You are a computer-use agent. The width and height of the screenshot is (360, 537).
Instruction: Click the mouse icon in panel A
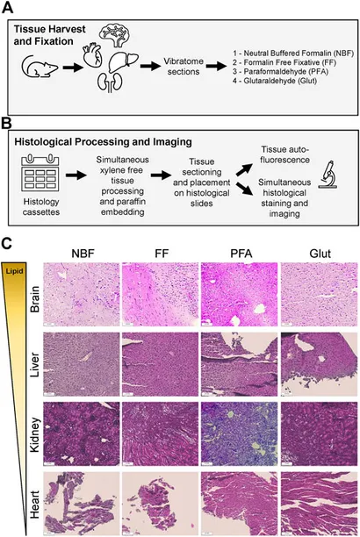click(x=40, y=67)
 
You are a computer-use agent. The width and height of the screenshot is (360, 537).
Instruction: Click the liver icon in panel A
click(x=124, y=62)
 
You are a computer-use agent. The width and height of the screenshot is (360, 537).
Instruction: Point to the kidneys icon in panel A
click(x=110, y=83)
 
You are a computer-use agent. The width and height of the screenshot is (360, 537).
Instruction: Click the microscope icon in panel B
click(x=328, y=175)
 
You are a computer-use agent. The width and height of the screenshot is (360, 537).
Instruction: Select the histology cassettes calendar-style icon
click(x=40, y=173)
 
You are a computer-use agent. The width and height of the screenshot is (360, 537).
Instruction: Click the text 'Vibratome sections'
click(x=184, y=67)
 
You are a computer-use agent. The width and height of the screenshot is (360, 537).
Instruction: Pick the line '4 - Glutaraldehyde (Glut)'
click(x=275, y=82)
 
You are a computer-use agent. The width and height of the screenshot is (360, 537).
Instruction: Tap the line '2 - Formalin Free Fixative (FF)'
click(x=284, y=62)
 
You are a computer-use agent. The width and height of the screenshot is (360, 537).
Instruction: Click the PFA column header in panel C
click(x=241, y=254)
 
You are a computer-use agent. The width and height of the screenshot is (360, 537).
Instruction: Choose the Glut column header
click(x=320, y=254)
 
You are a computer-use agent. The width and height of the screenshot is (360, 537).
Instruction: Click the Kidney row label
click(x=34, y=434)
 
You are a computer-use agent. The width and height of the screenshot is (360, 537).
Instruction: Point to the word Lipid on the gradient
click(x=14, y=271)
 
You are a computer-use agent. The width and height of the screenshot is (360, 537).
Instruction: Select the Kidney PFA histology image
click(x=240, y=434)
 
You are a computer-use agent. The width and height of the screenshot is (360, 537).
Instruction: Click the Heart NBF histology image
click(x=82, y=504)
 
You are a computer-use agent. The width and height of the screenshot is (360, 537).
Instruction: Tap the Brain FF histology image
click(x=160, y=295)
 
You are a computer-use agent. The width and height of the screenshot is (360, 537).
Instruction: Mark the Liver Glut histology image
click(x=319, y=364)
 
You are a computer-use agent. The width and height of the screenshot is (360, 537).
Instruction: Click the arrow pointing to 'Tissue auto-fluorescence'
click(x=244, y=170)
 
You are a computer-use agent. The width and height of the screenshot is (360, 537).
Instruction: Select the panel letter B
click(x=6, y=124)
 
